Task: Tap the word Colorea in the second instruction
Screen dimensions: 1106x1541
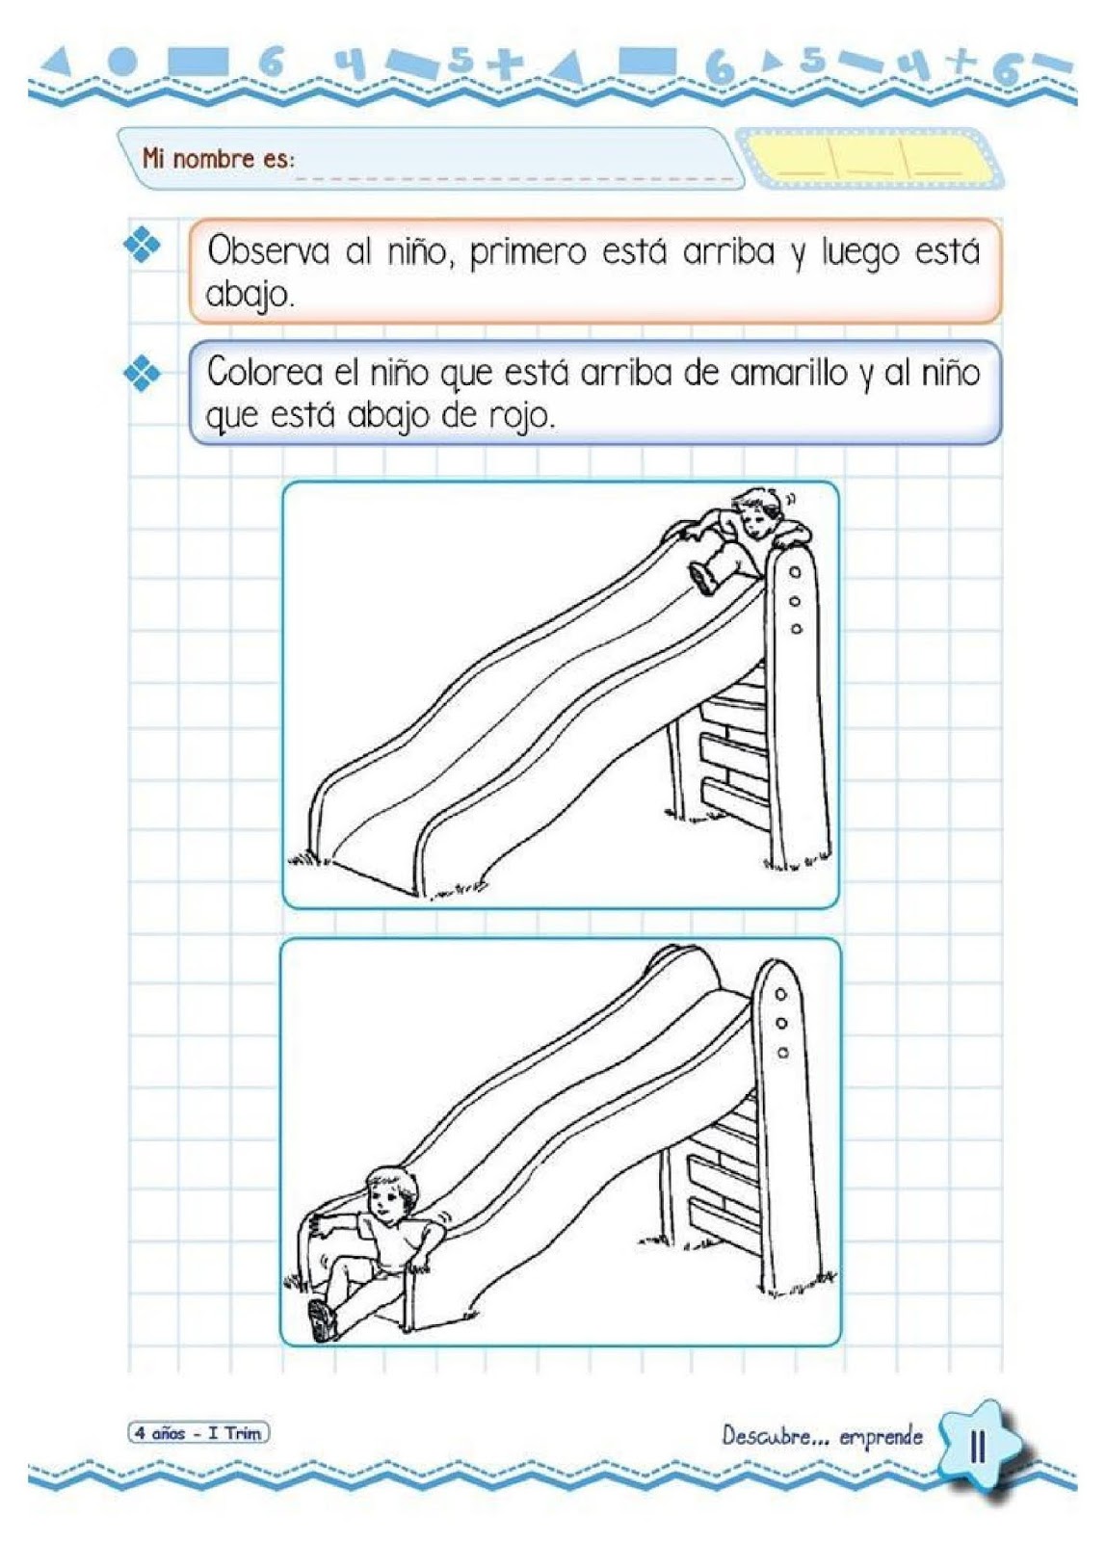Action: [x=265, y=373]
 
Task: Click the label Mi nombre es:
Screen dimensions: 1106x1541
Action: [x=218, y=160]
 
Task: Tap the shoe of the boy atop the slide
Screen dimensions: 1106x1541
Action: [x=701, y=578]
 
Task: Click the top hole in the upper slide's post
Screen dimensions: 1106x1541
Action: [x=795, y=571]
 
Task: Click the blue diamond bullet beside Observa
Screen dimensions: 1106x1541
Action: [x=141, y=245]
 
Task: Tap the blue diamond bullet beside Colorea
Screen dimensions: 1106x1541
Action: [x=141, y=373]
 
